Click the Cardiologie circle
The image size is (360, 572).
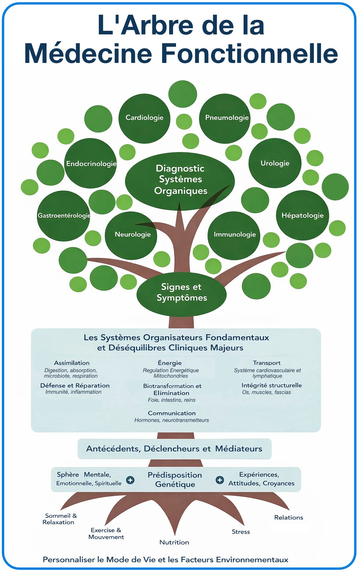[x=144, y=118]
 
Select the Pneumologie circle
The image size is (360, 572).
[x=225, y=118]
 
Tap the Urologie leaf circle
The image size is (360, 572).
[x=275, y=163]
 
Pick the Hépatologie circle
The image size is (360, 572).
[x=302, y=215]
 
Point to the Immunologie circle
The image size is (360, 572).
[x=234, y=235]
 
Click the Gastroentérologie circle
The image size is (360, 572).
[x=63, y=216]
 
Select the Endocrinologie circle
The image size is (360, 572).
[x=91, y=164]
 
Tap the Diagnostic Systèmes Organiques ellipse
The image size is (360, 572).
[x=180, y=180]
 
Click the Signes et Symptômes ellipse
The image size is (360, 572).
[x=181, y=293]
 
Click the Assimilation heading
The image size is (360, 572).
[x=72, y=363]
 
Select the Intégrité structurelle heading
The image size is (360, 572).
[x=272, y=385]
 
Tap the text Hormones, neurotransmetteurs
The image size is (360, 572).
[x=172, y=420]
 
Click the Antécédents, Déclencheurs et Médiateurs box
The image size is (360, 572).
[x=174, y=449]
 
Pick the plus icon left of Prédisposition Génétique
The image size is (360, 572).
[x=130, y=480]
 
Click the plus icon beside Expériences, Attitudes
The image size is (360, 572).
[x=220, y=480]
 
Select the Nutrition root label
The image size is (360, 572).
[x=174, y=542]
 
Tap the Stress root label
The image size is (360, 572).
[x=241, y=532]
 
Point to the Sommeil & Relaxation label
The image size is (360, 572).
[x=60, y=519]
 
